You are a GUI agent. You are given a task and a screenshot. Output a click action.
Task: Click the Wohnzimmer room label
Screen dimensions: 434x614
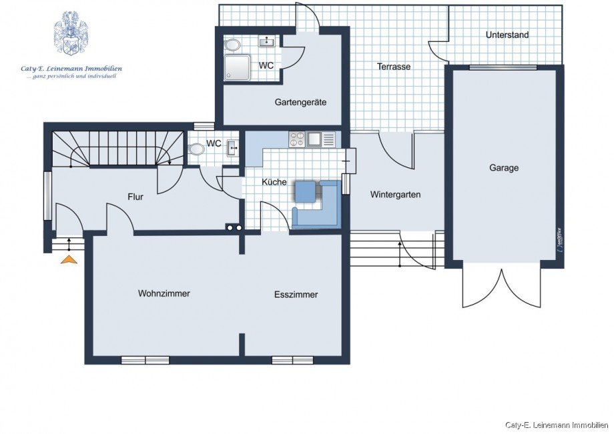pos(164,293)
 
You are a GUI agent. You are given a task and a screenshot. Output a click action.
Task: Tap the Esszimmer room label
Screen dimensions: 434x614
pos(296,295)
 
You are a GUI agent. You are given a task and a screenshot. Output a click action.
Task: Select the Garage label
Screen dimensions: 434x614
pos(504,168)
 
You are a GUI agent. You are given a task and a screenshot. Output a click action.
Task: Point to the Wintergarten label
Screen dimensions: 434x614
pos(395,195)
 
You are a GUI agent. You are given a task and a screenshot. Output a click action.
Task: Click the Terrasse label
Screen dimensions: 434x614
pos(394,67)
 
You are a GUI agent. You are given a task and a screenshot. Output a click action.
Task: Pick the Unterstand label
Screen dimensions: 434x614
pos(507,35)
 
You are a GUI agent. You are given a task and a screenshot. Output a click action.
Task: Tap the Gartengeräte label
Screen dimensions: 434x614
pos(300,103)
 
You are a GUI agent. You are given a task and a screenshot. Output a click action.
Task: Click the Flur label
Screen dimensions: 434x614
pos(135,197)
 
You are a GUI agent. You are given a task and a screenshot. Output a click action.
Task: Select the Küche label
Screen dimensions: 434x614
pos(274,182)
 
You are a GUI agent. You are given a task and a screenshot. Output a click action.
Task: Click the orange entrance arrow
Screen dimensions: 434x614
pos(69,259)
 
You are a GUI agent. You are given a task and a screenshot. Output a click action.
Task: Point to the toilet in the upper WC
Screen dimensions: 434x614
pos(233,45)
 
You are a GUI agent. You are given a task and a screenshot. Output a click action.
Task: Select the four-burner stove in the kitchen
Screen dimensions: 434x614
pos(296,140)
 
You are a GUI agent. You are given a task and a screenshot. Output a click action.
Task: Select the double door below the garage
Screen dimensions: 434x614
pos(501,287)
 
